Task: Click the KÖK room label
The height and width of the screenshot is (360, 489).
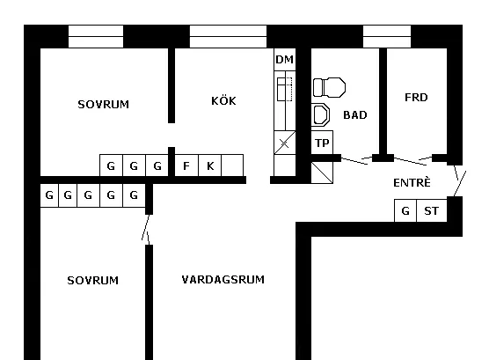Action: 223,100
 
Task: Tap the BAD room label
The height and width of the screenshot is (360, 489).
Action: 355,115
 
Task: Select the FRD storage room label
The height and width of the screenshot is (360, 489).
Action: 416,98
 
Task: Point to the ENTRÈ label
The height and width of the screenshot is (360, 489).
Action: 412,182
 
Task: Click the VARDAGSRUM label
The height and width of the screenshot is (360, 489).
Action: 223,279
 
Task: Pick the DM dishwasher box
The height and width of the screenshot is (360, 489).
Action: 285,59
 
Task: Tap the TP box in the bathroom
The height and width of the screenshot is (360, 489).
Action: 322,143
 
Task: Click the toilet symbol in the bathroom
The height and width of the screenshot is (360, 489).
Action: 329,87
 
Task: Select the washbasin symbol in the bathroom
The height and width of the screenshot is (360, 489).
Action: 321,114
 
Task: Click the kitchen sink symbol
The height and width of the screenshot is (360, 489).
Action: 285,89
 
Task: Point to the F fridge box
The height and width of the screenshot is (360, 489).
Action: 186,165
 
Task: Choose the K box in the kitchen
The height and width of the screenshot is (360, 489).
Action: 210,165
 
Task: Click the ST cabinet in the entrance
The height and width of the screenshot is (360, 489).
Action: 432,210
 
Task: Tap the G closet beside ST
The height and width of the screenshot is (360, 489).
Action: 405,210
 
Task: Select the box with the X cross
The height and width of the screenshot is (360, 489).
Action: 285,143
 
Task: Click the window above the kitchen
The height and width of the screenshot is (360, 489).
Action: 229,37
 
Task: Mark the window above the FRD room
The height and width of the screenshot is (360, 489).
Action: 387,37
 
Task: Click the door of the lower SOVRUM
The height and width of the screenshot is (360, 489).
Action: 146,230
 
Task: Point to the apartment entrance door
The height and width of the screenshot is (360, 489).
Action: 460,180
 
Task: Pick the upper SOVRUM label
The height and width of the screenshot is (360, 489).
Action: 103,104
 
